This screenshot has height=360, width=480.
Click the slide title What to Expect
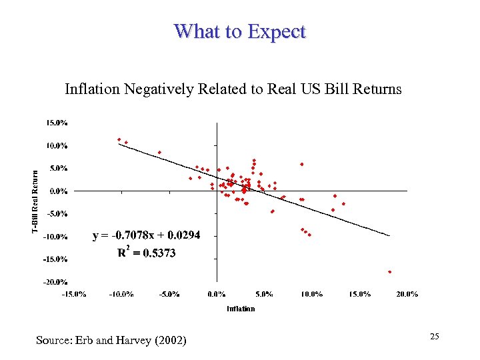(239, 31)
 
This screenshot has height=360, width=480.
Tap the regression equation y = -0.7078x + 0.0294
(146, 235)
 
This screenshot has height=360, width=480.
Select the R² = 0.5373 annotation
(146, 253)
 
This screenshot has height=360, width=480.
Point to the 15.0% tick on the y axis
(57, 123)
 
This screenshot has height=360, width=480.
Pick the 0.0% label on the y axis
(58, 191)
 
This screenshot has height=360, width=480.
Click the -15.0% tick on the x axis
(73, 294)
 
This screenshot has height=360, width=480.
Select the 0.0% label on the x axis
(216, 294)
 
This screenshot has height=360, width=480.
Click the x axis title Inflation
(240, 309)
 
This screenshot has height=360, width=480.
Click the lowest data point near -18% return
(390, 272)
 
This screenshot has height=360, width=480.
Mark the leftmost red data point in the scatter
(119, 139)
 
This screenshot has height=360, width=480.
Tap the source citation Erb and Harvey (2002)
(111, 341)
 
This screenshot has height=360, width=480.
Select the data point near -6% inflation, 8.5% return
(159, 152)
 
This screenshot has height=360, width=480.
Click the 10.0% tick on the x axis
(311, 294)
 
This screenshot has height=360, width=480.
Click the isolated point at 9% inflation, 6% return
(301, 164)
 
